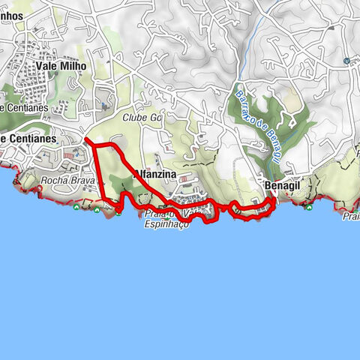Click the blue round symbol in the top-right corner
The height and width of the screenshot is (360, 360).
346,61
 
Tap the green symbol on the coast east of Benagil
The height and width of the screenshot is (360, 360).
308,206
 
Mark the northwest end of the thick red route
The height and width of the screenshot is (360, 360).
86,139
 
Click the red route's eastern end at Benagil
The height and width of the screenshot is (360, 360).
271,199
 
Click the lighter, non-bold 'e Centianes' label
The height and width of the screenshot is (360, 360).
24,108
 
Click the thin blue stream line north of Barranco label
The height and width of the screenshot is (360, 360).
251,45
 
